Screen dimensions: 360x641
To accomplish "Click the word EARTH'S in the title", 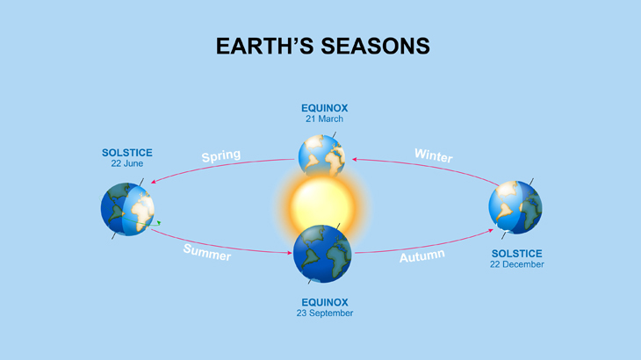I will click(265, 46).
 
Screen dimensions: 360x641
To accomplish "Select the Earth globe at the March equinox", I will click(320, 155).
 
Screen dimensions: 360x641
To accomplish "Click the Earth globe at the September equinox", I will click(322, 253).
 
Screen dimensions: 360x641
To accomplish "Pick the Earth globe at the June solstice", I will click(127, 209).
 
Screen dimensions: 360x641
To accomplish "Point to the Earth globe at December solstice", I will click(515, 207).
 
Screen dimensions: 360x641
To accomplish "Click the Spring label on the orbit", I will click(220, 156).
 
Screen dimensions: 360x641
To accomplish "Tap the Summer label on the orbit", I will click(207, 253).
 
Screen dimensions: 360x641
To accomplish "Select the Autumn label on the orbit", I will click(422, 256).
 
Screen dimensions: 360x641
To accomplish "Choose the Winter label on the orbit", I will click(434, 155).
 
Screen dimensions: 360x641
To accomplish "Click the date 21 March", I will click(324, 119).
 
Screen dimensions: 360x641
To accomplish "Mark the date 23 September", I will click(325, 313).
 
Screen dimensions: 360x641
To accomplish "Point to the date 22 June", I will click(127, 163).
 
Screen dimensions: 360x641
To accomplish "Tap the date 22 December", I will click(516, 264).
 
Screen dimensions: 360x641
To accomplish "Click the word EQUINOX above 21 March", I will click(324, 109).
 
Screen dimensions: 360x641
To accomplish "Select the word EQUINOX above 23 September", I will click(325, 302).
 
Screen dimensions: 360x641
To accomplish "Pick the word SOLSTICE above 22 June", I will click(127, 153).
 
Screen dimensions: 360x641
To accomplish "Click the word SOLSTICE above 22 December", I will click(516, 254).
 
